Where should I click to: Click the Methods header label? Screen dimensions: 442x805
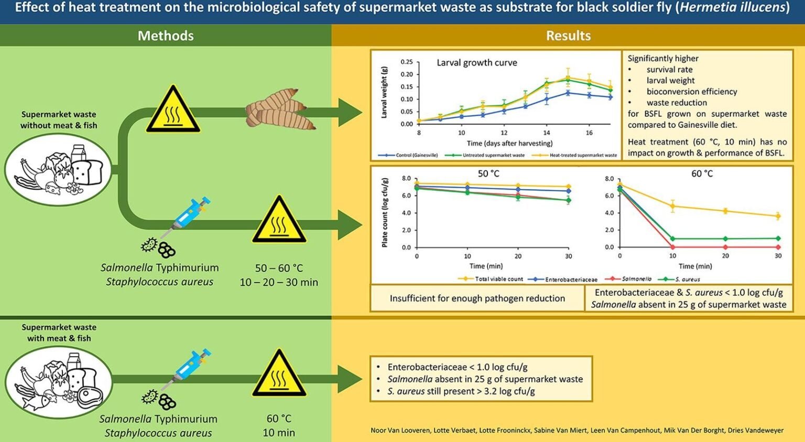point(166,36)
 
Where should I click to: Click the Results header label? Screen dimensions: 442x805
point(568,36)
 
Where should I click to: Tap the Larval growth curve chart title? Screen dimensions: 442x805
point(476,63)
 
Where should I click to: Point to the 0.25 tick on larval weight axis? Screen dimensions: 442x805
point(407,62)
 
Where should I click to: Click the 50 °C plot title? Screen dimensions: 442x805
point(488,173)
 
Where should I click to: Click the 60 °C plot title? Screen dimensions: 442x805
point(702,173)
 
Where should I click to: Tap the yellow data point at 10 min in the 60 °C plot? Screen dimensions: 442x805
point(672,206)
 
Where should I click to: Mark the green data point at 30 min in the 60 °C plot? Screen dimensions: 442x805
point(778,238)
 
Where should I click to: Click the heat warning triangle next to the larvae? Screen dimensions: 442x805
point(173,110)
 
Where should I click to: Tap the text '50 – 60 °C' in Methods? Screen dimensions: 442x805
point(279,268)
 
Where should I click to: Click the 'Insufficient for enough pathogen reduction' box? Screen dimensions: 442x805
point(477,299)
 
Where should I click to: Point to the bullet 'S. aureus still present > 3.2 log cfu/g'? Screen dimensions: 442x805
point(461,391)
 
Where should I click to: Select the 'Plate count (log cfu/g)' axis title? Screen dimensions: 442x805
point(385,213)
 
